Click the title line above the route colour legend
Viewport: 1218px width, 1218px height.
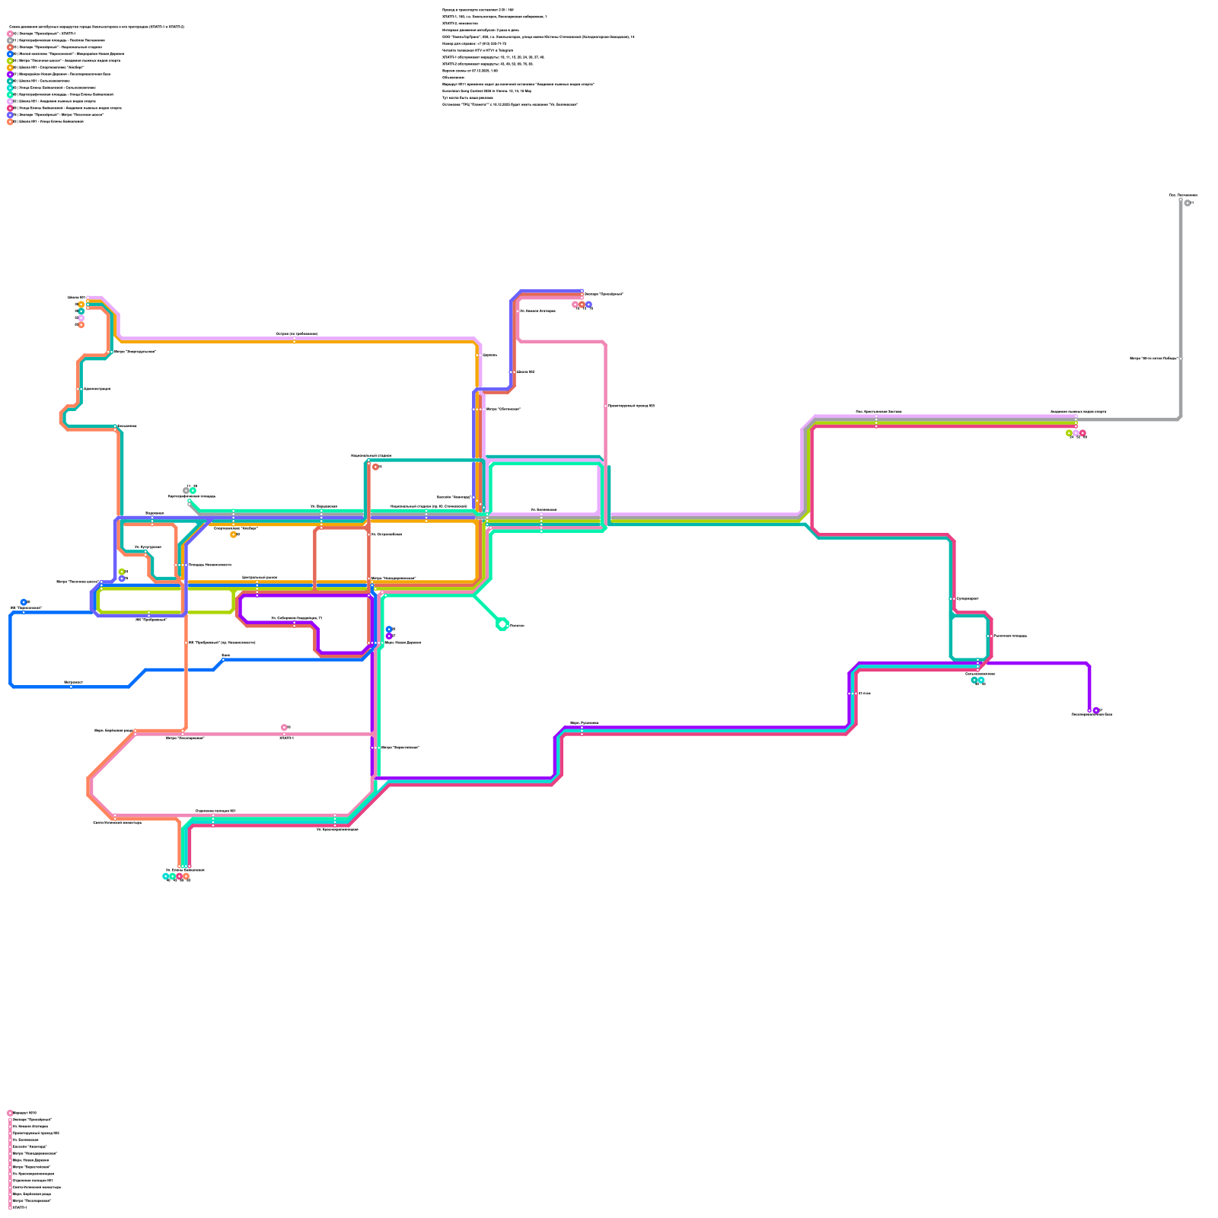pyautogui.click(x=97, y=27)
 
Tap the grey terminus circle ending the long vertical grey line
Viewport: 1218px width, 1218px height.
pyautogui.click(x=1187, y=202)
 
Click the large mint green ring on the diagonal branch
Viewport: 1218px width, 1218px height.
pyautogui.click(x=502, y=624)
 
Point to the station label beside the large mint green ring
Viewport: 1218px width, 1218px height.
pyautogui.click(x=517, y=626)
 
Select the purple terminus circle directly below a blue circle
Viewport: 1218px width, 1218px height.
pyautogui.click(x=389, y=636)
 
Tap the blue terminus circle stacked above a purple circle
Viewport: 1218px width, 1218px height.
pyautogui.click(x=389, y=630)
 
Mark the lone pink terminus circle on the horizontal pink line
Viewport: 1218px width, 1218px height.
pyautogui.click(x=284, y=727)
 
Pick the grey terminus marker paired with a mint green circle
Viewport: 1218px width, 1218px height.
pyautogui.click(x=186, y=491)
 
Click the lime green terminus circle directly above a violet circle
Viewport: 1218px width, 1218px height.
pyautogui.click(x=122, y=572)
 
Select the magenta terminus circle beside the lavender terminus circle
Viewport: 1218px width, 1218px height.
pyautogui.click(x=1082, y=433)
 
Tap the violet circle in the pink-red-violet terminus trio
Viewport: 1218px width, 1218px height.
pyautogui.click(x=588, y=304)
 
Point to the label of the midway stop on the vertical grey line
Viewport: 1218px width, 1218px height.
pyautogui.click(x=1154, y=358)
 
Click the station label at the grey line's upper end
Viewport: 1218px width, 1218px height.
pyautogui.click(x=1183, y=196)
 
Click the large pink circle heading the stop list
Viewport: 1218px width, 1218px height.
pyautogui.click(x=10, y=1113)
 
